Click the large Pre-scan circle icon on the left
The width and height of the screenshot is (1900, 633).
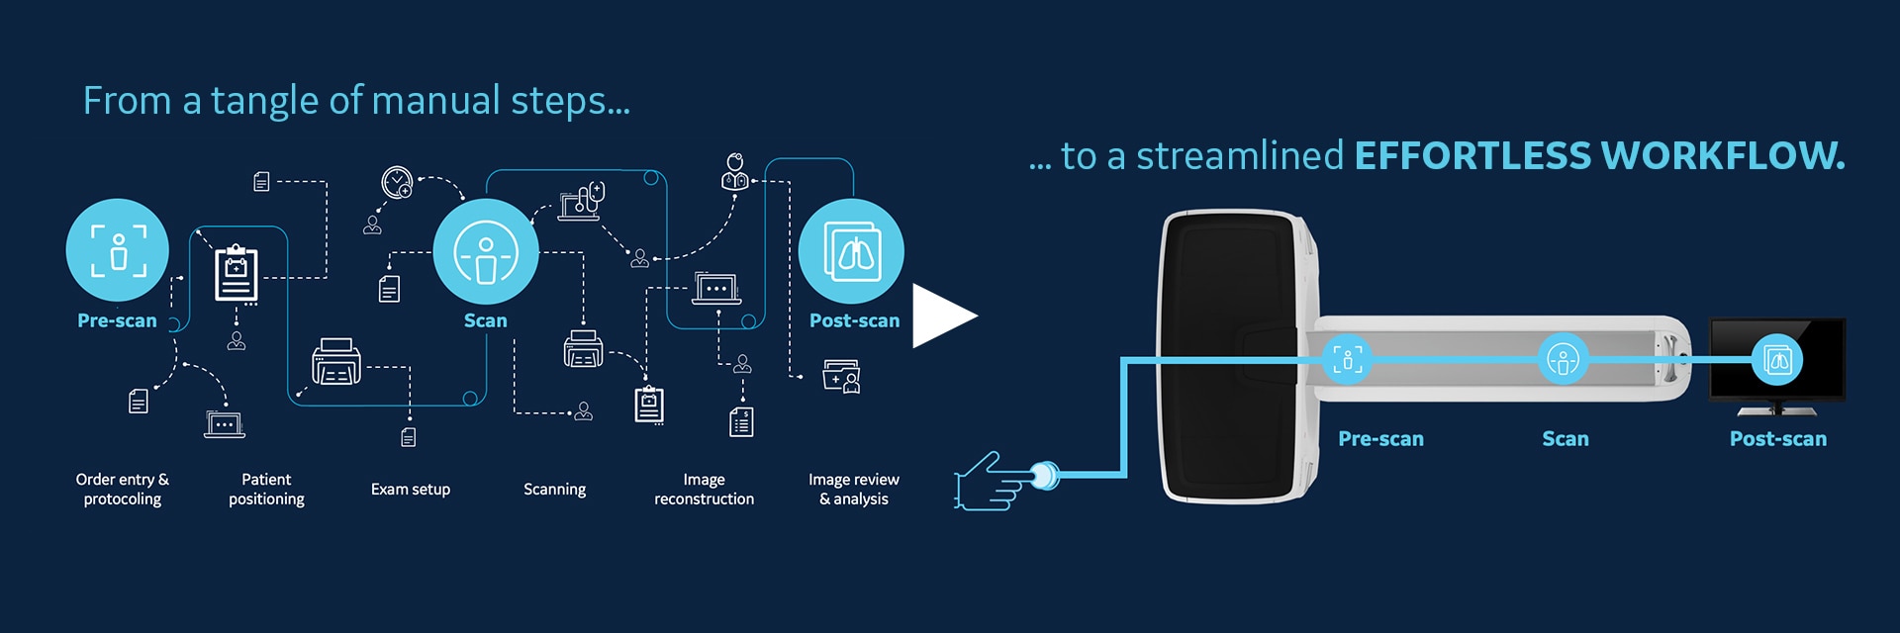tap(118, 249)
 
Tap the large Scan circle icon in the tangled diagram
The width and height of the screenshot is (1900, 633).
tap(485, 251)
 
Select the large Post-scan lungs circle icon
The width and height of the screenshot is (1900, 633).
tap(851, 251)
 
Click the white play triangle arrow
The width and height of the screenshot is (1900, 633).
tap(942, 316)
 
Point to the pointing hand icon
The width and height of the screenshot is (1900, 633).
tap(990, 482)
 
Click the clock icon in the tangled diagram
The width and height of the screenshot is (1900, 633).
tap(397, 182)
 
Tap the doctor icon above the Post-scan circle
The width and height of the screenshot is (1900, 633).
tap(734, 172)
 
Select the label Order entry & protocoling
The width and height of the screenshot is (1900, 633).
tap(123, 489)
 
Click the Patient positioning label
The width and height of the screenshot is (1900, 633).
tap(266, 489)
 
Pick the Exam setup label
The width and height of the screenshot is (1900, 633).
tap(410, 489)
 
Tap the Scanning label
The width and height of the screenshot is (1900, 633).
tap(554, 489)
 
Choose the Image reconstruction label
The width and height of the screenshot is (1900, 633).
tap(704, 489)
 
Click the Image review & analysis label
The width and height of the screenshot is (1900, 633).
tap(853, 489)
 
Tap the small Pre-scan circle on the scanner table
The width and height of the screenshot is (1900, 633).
tap(1348, 359)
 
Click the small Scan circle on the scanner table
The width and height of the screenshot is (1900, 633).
tap(1563, 360)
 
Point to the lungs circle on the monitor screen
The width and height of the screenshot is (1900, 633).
tap(1777, 360)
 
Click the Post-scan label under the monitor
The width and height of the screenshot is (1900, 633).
tap(1777, 439)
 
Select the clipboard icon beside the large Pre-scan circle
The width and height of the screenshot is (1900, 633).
tap(237, 273)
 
